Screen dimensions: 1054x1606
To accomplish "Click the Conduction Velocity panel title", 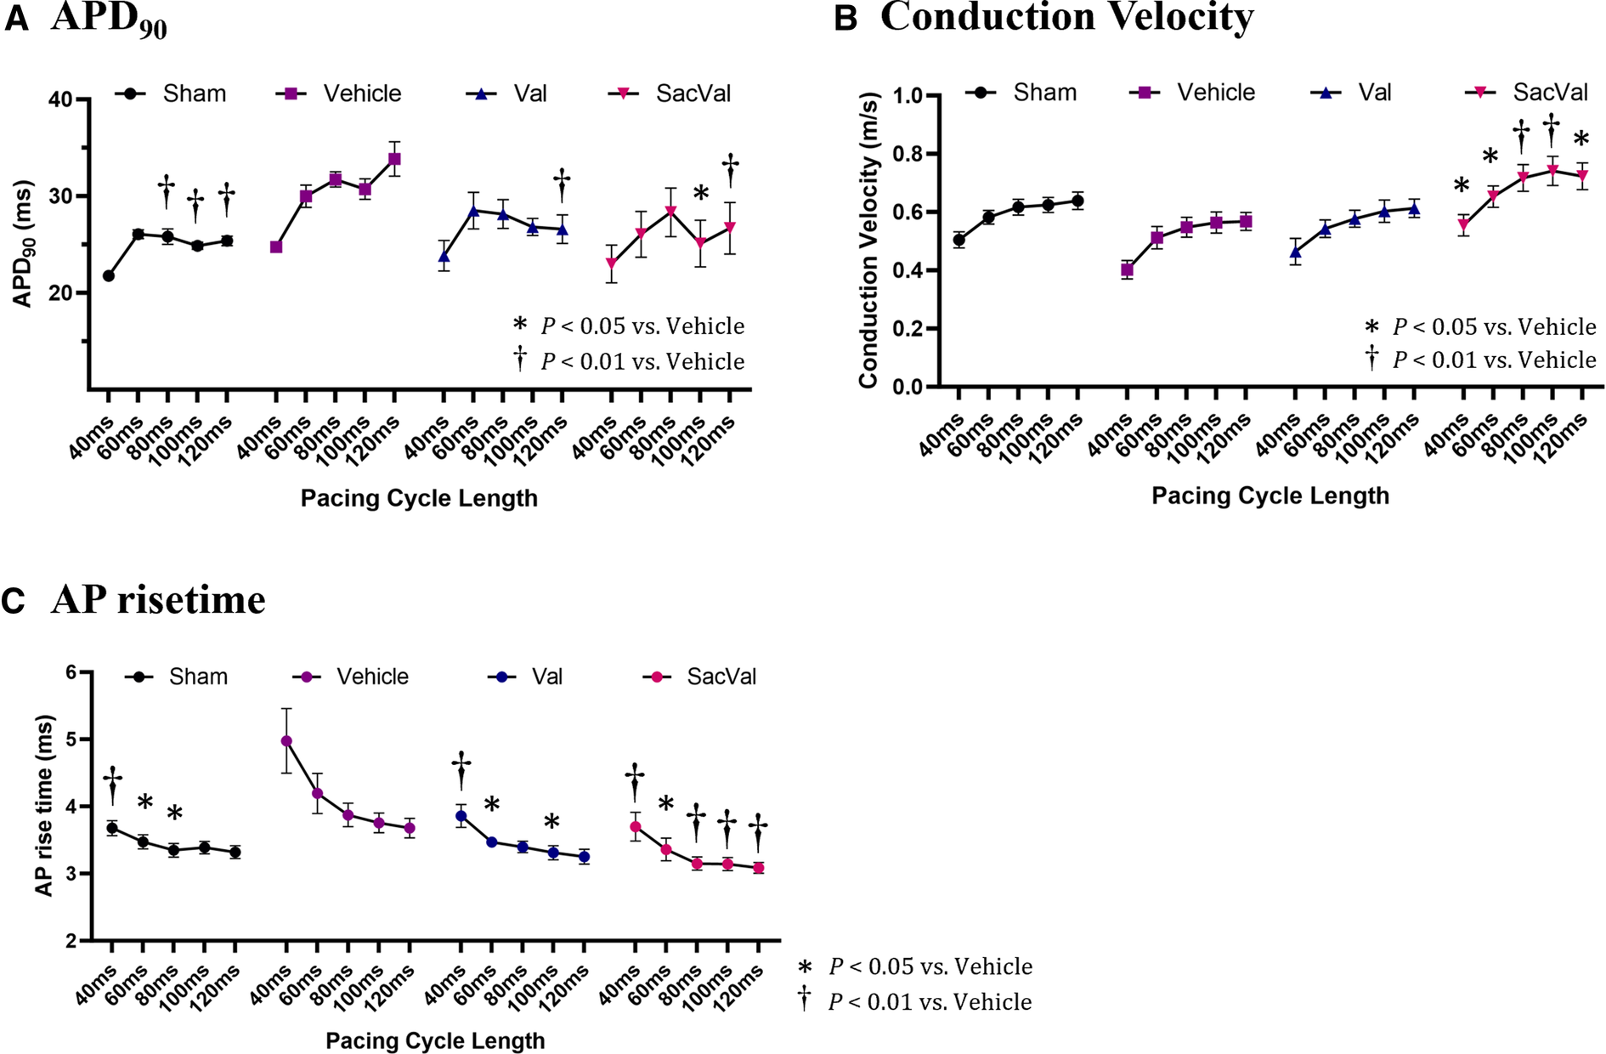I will tap(1066, 18).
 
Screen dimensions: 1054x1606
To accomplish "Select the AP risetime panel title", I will tap(158, 600).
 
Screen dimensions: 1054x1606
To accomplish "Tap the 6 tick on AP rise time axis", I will tap(71, 672).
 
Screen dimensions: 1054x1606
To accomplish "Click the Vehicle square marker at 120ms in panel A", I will tap(394, 159).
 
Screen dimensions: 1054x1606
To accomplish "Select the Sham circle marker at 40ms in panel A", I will tap(109, 275).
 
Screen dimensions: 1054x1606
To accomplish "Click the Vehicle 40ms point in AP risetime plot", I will tap(286, 741).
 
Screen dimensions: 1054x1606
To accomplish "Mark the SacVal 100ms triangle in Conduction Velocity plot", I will tap(1552, 170).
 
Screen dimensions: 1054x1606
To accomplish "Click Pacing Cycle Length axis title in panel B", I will tap(1270, 496).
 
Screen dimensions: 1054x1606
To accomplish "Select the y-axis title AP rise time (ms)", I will tap(44, 805).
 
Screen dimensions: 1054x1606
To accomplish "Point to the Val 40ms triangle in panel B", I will tap(1295, 252).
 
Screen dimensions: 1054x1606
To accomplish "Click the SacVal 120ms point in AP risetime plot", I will tap(758, 868).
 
